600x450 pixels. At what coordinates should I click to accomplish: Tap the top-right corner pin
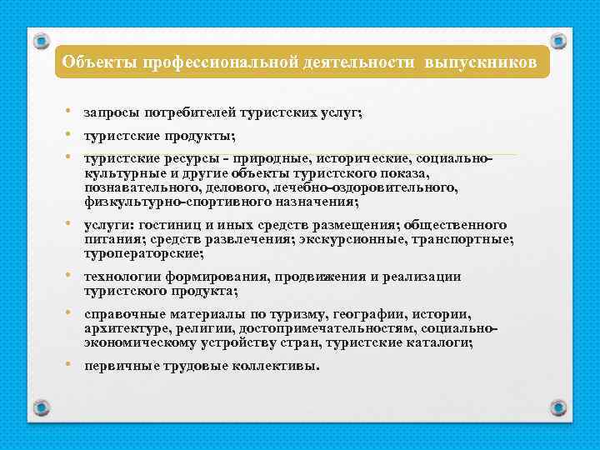tap(560, 39)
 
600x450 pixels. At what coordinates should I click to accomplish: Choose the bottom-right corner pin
tap(560, 407)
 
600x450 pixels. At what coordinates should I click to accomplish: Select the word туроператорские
tap(142, 253)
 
